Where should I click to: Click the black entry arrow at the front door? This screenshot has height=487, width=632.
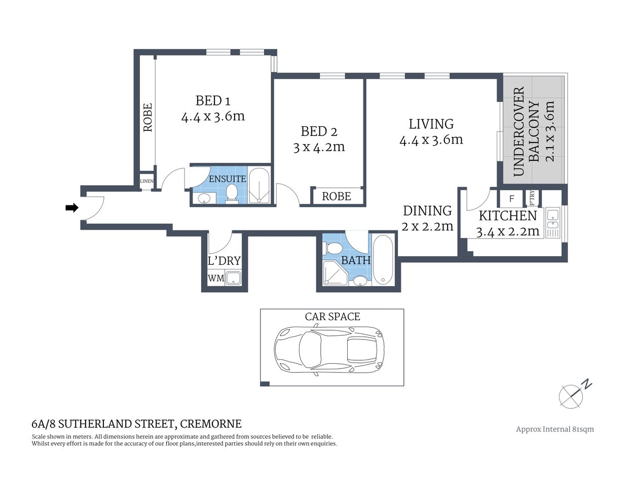[72, 207]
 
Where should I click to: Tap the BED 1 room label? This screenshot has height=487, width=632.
[212, 100]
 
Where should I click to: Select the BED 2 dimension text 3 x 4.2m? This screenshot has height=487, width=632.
[319, 148]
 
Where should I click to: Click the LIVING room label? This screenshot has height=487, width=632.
[431, 124]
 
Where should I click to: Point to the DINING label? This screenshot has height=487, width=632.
[427, 211]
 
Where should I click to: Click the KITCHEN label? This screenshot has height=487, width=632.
[507, 216]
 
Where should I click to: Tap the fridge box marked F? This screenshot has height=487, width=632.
[512, 198]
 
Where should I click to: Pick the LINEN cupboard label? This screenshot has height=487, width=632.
[146, 181]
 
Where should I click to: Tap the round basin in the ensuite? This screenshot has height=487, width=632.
[204, 198]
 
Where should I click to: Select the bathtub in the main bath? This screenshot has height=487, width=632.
[383, 260]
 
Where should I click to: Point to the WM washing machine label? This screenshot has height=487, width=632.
[215, 278]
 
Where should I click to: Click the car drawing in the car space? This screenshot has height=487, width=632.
[328, 351]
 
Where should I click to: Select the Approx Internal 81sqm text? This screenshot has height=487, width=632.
[554, 429]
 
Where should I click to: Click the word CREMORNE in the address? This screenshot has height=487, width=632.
[211, 424]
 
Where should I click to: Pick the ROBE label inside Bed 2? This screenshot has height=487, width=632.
[336, 196]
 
